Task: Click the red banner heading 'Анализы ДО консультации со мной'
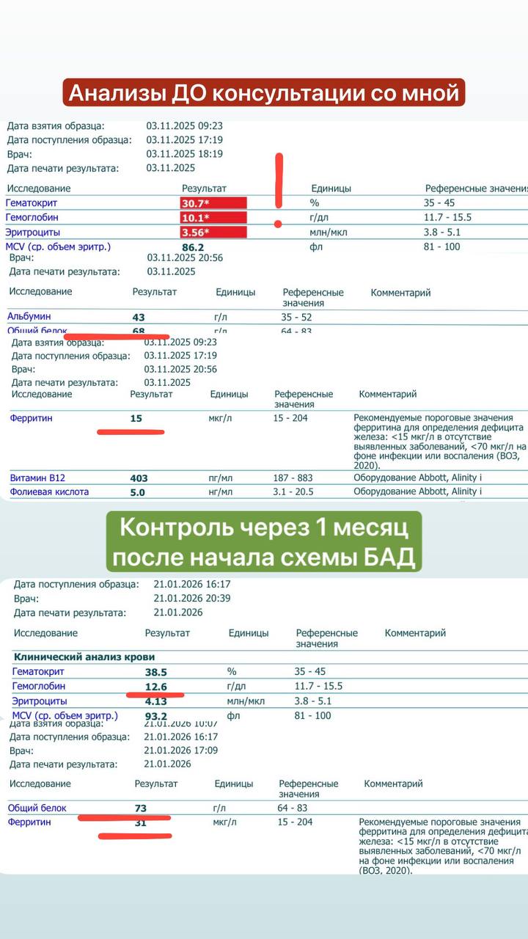tap(263, 94)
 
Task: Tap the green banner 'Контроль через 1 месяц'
tap(263, 542)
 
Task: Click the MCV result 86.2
tap(193, 248)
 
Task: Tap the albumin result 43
tap(139, 317)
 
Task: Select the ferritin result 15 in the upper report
tap(136, 419)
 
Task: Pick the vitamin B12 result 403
tap(139, 478)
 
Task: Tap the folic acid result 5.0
tap(138, 492)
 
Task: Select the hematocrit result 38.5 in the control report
tap(156, 672)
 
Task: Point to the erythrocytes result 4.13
tap(156, 701)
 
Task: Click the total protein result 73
tap(141, 808)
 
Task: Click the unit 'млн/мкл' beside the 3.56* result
tap(328, 233)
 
